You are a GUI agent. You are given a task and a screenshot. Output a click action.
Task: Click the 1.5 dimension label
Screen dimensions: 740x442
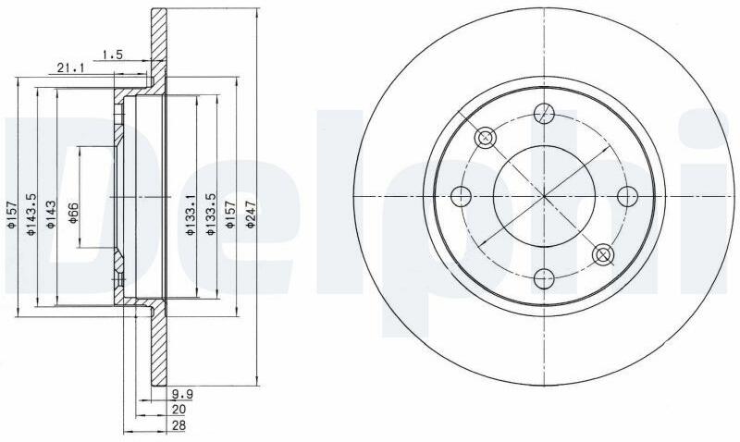pyautogui.click(x=113, y=55)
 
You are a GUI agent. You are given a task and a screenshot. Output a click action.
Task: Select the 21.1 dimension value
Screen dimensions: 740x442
pyautogui.click(x=70, y=68)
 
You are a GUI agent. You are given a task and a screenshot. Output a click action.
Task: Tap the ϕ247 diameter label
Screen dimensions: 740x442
pyautogui.click(x=251, y=215)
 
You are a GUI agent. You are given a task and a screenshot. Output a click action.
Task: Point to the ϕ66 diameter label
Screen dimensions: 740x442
pyautogui.click(x=73, y=213)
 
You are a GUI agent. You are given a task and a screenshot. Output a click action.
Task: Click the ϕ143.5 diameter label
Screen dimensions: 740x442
pyautogui.click(x=31, y=215)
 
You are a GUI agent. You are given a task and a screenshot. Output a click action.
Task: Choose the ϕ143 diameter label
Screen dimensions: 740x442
pyautogui.click(x=51, y=215)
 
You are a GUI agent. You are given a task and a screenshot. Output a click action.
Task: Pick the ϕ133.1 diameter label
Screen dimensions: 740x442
pyautogui.click(x=190, y=215)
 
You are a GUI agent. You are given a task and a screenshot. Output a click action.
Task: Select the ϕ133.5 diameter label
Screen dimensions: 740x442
pyautogui.click(x=211, y=215)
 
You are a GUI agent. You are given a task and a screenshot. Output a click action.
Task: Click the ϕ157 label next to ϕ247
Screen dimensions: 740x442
pyautogui.click(x=230, y=215)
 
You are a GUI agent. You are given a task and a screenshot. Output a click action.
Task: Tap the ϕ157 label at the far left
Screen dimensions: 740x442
pyautogui.click(x=12, y=215)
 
